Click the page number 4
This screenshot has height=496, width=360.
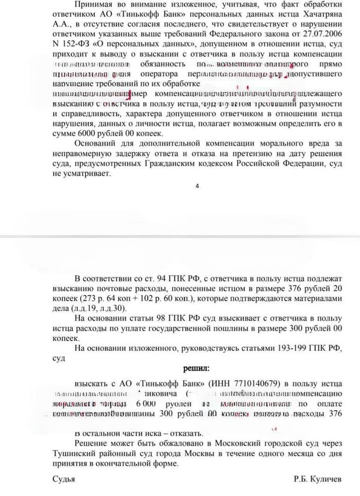coord(197,186)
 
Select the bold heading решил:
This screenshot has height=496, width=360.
coord(196,367)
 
